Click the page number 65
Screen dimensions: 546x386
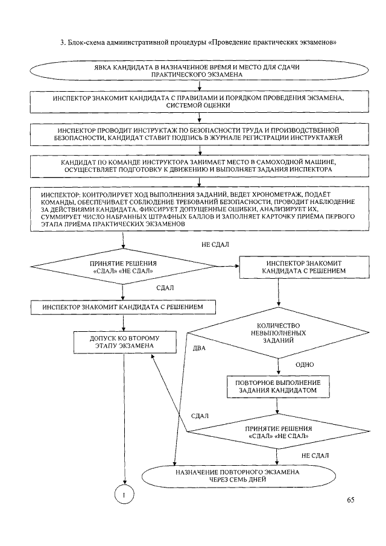tap(351, 499)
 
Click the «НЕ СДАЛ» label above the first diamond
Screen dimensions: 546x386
tap(215, 244)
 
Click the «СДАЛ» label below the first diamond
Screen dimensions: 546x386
tap(165, 288)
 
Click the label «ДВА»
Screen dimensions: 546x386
tap(199, 349)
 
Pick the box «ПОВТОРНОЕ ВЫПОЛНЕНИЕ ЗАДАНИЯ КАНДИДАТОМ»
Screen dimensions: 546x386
tap(277, 387)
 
